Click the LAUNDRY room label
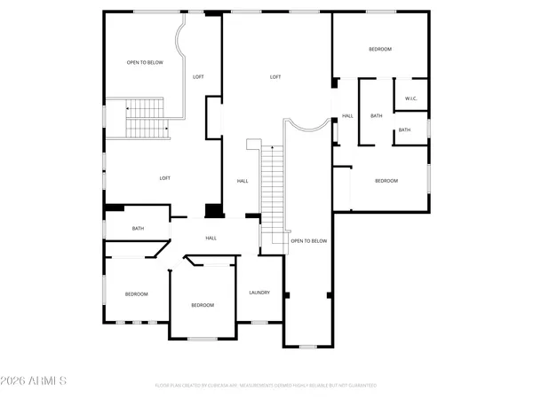pos(259,292)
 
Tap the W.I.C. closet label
pos(411,98)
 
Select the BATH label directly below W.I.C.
pos(404,130)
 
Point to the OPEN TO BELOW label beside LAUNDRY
pos(309,241)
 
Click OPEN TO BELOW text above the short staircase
pos(144,63)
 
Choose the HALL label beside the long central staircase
pos(243,181)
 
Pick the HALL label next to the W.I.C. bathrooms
pos(347,115)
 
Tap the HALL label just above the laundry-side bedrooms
pos(211,238)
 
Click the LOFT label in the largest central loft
pos(275,77)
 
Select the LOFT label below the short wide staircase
pos(164,178)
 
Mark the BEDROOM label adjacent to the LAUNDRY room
pos(203,305)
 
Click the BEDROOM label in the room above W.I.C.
pos(380,50)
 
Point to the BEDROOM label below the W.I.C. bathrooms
pos(386,181)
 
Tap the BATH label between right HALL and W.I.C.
pos(377,115)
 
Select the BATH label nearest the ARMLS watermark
pos(138,229)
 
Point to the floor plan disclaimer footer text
pos(266,386)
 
